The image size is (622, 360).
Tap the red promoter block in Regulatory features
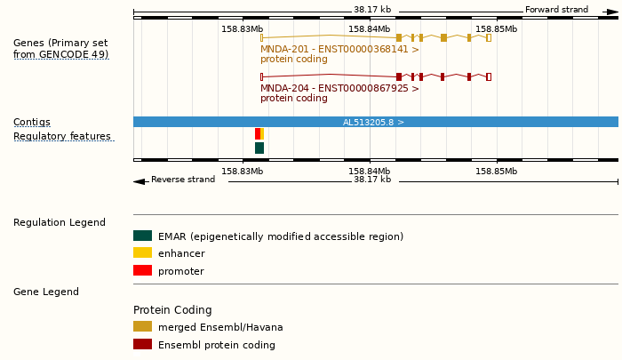pos(258,133)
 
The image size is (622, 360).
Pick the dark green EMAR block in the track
pos(259,148)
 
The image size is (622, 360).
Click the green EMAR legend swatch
pos(142,236)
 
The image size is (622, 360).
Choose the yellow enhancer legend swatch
pos(142,253)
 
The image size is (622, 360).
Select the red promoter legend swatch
pos(142,270)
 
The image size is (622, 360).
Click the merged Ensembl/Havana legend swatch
pos(142,327)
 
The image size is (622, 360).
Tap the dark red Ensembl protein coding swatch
pos(142,344)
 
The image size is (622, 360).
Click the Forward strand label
pos(556,10)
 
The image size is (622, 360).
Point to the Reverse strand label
pos(183,180)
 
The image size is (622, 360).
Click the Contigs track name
pos(32,122)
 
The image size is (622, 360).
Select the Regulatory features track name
pos(62,137)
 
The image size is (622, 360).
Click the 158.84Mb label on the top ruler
pos(369,29)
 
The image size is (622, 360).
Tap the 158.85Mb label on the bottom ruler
pos(496,172)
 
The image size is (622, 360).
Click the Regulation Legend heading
pos(60,222)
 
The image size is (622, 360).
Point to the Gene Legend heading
pos(46,292)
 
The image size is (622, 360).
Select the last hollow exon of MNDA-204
pos(489,76)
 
